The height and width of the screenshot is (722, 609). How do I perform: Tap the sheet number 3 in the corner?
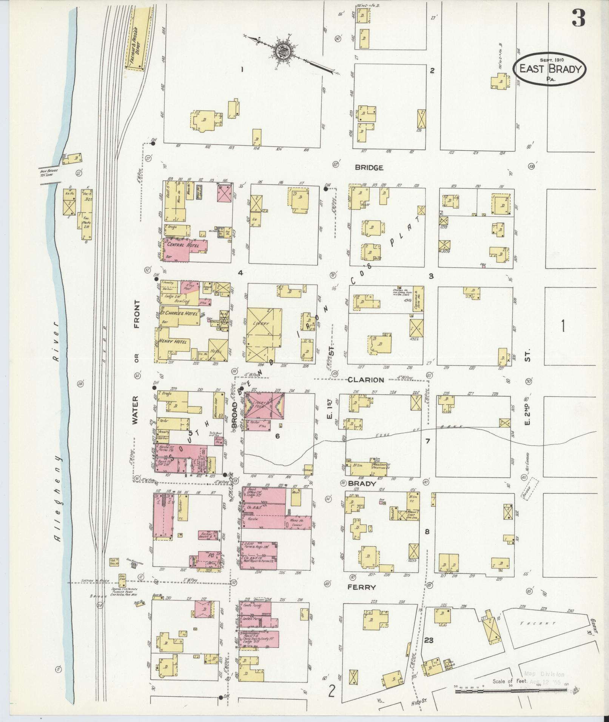point(578,18)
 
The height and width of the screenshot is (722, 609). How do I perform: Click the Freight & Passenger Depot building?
point(138,36)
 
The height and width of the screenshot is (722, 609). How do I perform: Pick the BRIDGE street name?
point(369,168)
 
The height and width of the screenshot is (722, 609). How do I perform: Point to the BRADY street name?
point(362,483)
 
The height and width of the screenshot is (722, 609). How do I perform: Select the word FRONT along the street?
point(136,314)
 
